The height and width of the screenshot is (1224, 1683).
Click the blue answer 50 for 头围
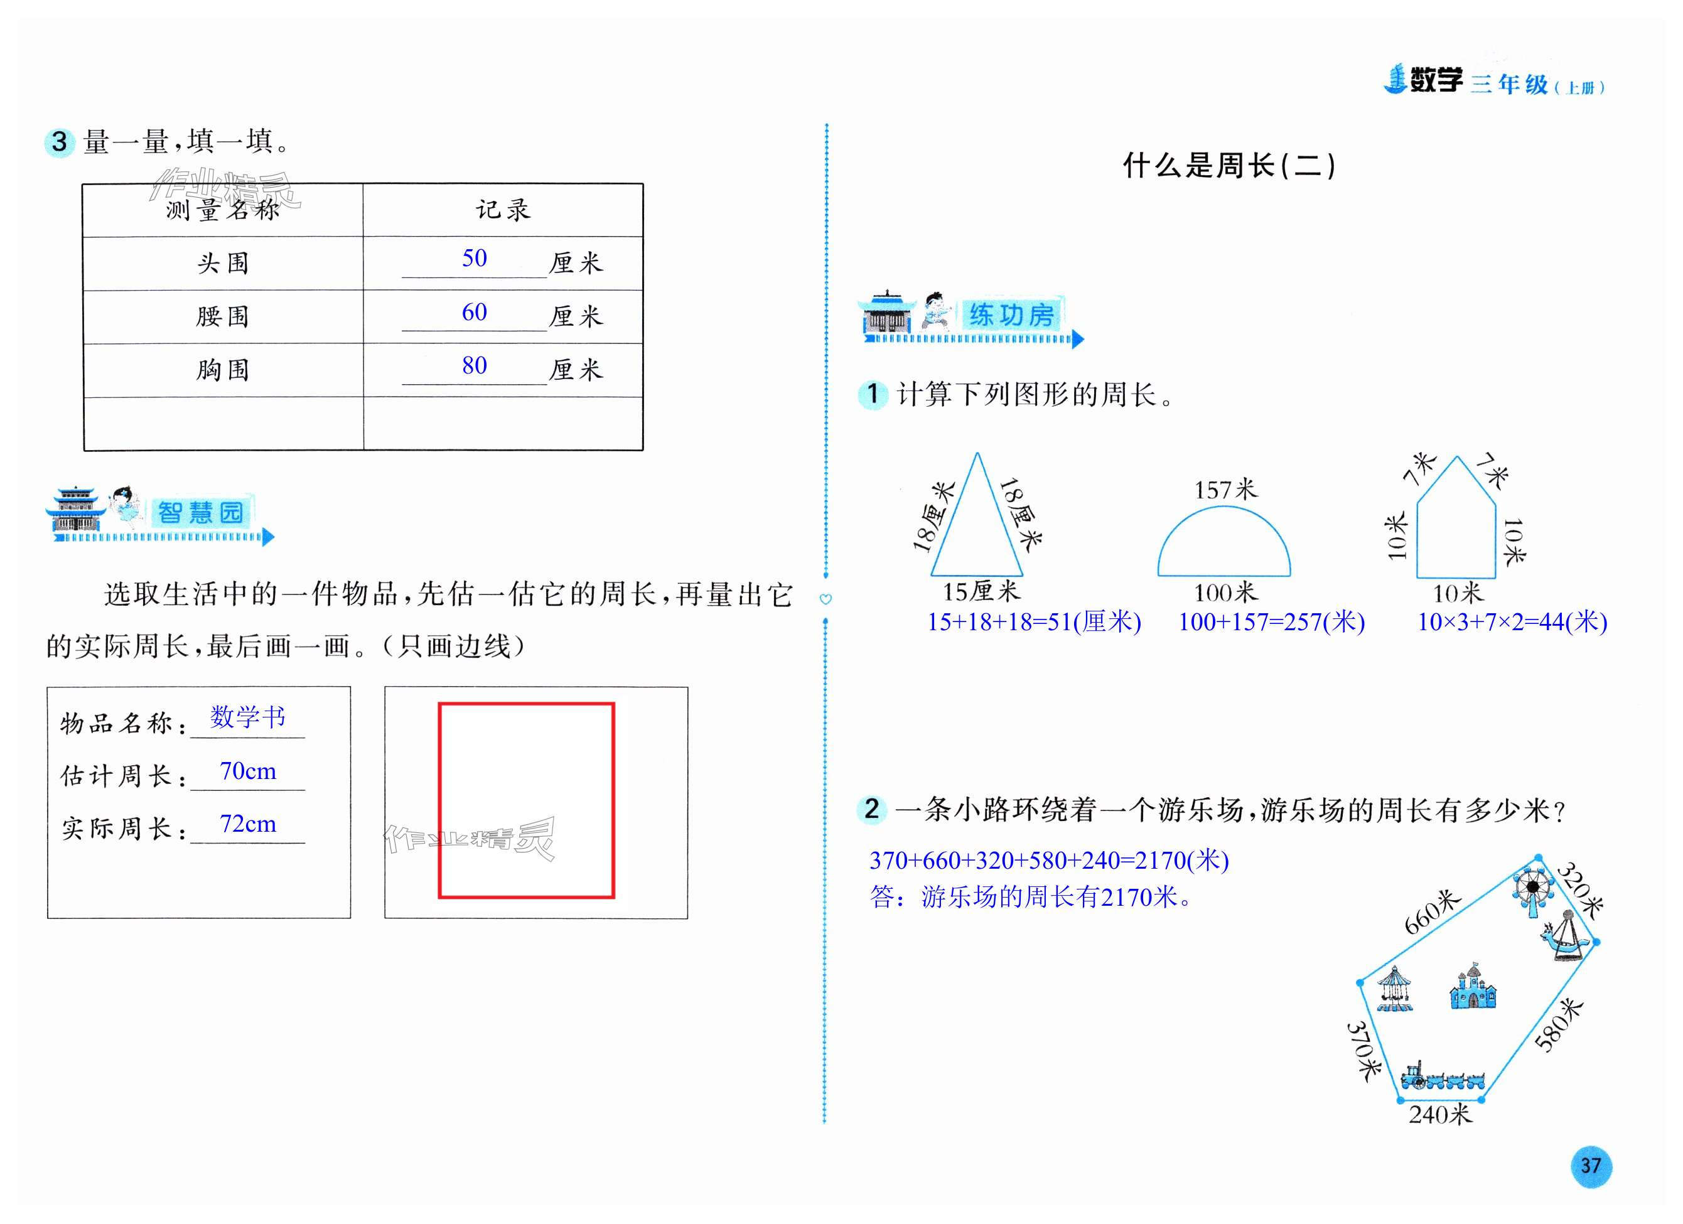(474, 258)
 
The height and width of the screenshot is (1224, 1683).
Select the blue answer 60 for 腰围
(474, 313)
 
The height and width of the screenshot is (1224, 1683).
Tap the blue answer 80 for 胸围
(474, 366)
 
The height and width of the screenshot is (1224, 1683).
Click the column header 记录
(503, 210)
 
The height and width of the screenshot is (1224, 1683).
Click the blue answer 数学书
(248, 717)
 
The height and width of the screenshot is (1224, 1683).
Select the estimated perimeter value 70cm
(248, 771)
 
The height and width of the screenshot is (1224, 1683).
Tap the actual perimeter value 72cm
(248, 824)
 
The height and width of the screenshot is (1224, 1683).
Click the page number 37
(1590, 1166)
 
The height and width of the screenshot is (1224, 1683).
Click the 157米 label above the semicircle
(1225, 490)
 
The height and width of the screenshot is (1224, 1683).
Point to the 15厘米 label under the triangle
(981, 592)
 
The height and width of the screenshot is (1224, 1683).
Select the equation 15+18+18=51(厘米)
(1034, 621)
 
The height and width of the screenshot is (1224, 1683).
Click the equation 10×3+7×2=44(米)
(1512, 621)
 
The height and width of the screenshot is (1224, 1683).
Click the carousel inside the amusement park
(1395, 989)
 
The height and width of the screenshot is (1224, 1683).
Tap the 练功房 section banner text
(1011, 315)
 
